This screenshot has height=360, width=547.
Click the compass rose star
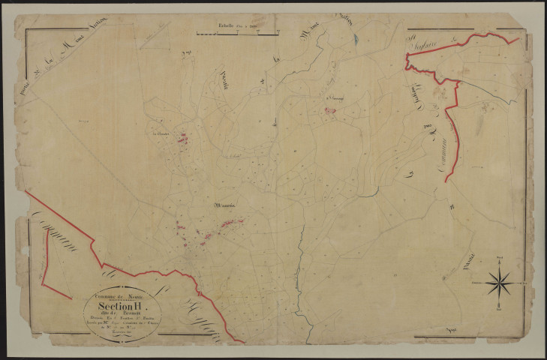(499, 283)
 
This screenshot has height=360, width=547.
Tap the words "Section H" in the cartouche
(122, 306)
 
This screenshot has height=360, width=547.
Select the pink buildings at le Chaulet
(182, 138)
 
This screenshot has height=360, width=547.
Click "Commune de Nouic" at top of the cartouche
(122, 295)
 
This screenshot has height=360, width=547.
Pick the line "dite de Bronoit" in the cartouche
(122, 315)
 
